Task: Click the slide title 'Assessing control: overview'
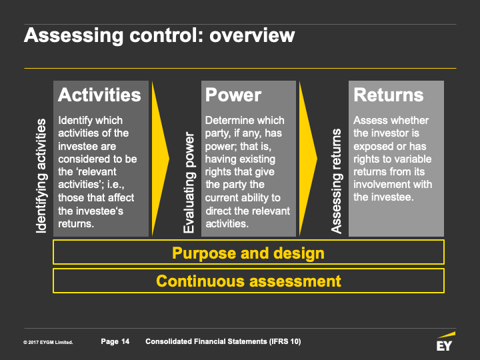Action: pyautogui.click(x=159, y=35)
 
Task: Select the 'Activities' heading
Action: pyautogui.click(x=99, y=95)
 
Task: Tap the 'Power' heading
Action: pyautogui.click(x=233, y=95)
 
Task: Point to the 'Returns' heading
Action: pyautogui.click(x=388, y=95)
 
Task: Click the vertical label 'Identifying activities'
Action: pyautogui.click(x=41, y=176)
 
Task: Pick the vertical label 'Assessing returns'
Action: pyautogui.click(x=337, y=181)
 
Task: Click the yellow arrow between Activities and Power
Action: pyautogui.click(x=160, y=159)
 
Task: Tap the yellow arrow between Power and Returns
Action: pyautogui.click(x=307, y=159)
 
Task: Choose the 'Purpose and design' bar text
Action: pyautogui.click(x=248, y=253)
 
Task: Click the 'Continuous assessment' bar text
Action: pyautogui.click(x=248, y=281)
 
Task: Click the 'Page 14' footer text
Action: pyautogui.click(x=115, y=342)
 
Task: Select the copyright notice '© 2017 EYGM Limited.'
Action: pyautogui.click(x=48, y=343)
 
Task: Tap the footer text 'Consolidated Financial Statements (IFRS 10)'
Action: pyautogui.click(x=223, y=342)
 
